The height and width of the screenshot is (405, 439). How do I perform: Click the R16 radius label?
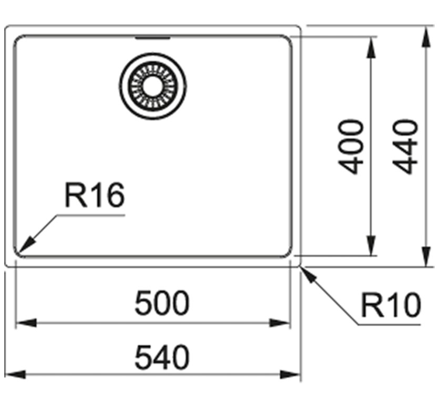(94, 195)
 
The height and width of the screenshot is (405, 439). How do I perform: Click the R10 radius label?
(391, 305)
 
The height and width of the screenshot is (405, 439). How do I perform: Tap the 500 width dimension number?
(162, 303)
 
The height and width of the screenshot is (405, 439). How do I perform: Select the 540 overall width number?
(162, 357)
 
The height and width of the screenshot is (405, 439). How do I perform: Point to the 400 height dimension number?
(351, 147)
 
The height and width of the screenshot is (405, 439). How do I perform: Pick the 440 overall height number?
(405, 147)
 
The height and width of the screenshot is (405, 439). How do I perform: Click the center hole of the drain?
(152, 86)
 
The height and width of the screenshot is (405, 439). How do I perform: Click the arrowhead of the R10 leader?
(308, 275)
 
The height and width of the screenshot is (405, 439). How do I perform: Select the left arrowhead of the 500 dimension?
(26, 323)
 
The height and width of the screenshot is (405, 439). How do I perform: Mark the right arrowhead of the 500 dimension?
(279, 323)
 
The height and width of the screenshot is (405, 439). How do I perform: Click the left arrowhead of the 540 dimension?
(15, 374)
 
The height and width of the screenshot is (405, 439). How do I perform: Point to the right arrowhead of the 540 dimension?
(290, 374)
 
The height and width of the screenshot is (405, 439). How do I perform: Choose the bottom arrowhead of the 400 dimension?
(371, 245)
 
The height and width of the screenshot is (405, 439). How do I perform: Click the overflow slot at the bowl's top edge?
(153, 38)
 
